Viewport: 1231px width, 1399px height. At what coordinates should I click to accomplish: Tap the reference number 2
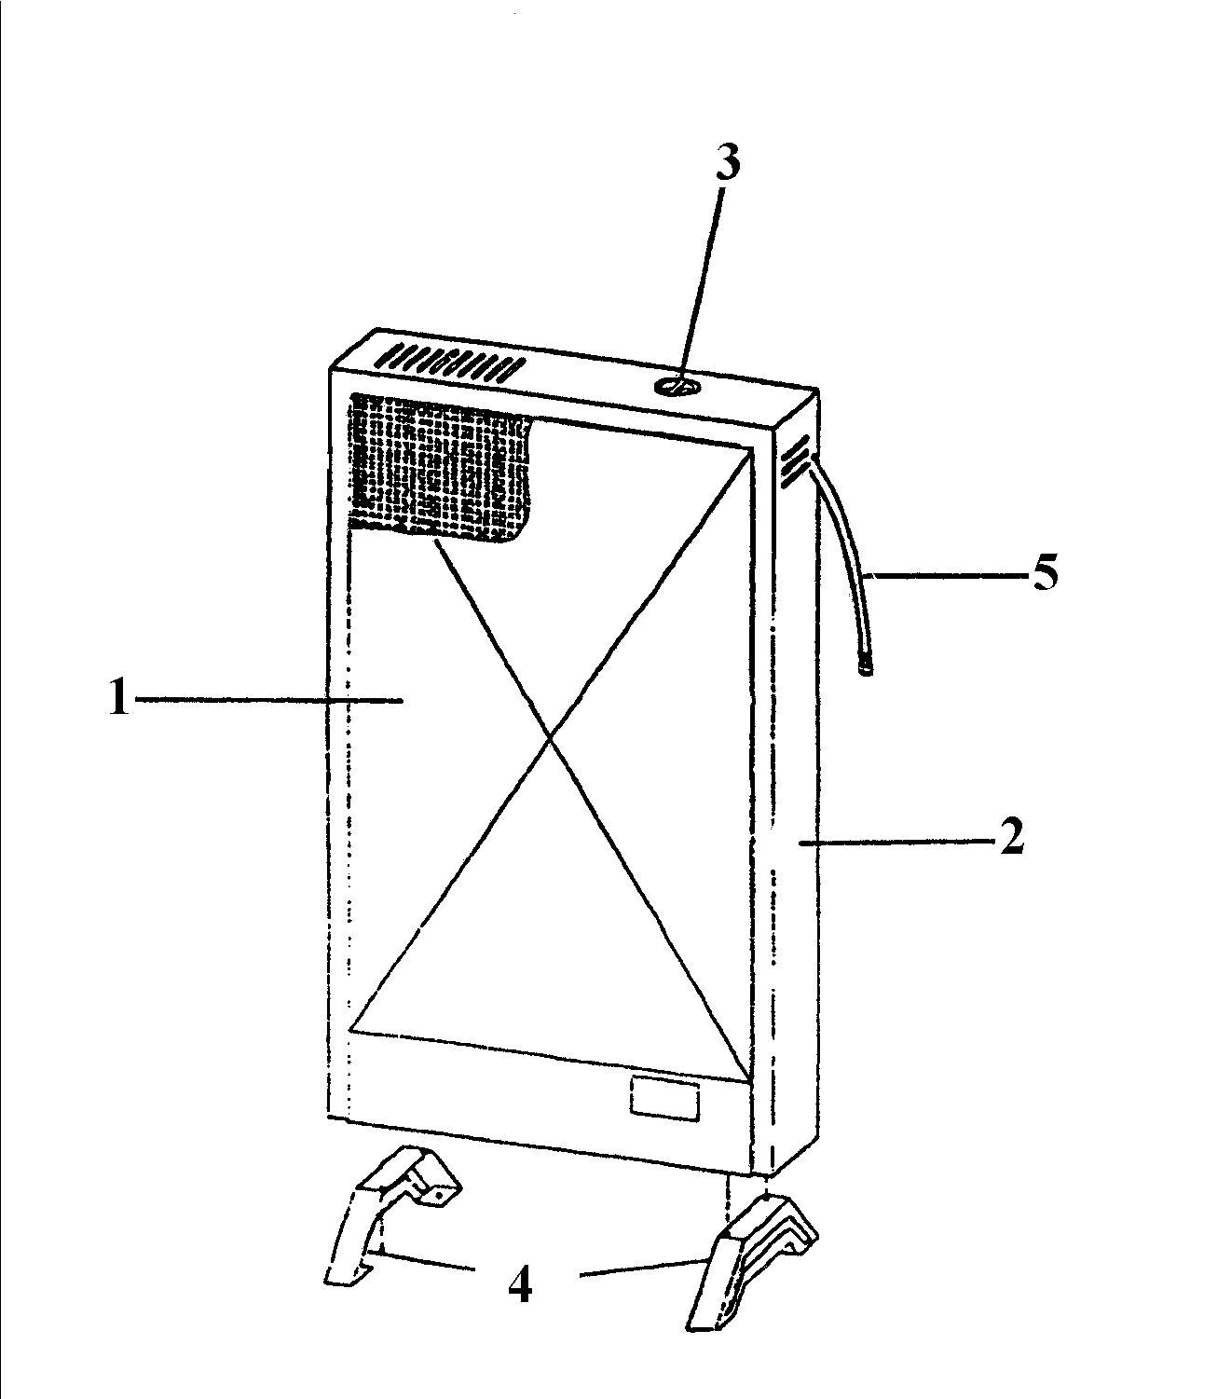pyautogui.click(x=1011, y=836)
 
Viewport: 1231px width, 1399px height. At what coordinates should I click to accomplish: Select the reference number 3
pyautogui.click(x=727, y=163)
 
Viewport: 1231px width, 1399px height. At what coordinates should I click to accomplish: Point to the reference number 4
pyautogui.click(x=520, y=1284)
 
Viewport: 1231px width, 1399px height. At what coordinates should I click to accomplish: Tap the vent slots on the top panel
pyautogui.click(x=450, y=363)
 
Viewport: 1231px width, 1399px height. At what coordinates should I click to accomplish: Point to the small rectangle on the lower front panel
pyautogui.click(x=664, y=1099)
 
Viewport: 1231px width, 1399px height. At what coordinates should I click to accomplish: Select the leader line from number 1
pyautogui.click(x=269, y=700)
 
